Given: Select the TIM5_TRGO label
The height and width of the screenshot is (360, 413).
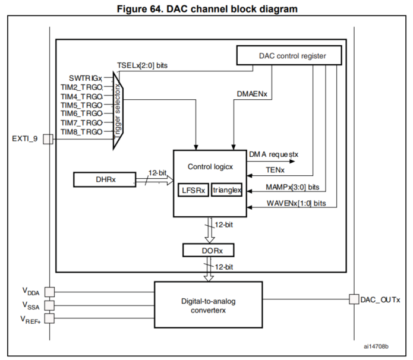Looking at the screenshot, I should click(x=82, y=105).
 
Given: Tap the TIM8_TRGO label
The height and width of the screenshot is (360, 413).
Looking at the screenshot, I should click(x=82, y=131).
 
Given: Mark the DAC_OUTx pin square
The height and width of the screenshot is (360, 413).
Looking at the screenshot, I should click(x=354, y=299).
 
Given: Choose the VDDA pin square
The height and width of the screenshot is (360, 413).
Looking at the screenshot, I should click(x=49, y=292).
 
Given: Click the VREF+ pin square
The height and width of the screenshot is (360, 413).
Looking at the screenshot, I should click(x=49, y=318).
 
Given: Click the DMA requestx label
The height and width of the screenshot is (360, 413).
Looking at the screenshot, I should click(x=274, y=154).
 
